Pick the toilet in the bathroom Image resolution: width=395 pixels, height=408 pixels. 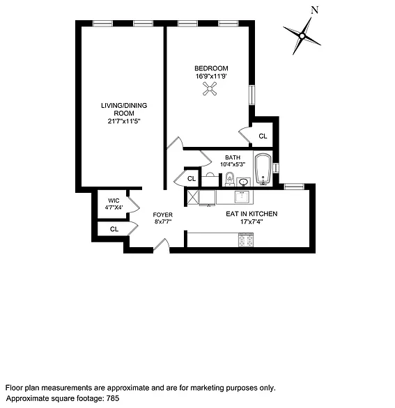[x=230, y=180]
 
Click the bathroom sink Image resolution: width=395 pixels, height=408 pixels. [x=242, y=182]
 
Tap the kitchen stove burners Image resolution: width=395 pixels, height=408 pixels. [x=245, y=240]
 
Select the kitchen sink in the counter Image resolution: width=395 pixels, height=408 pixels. [x=243, y=196]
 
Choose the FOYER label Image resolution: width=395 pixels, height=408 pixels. [x=163, y=214]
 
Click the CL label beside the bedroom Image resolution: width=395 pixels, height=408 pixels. [x=263, y=136]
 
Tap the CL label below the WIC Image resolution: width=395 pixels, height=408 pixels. [x=114, y=228]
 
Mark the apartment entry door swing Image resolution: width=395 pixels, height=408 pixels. [x=162, y=244]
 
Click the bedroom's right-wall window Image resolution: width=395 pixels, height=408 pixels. [x=251, y=95]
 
